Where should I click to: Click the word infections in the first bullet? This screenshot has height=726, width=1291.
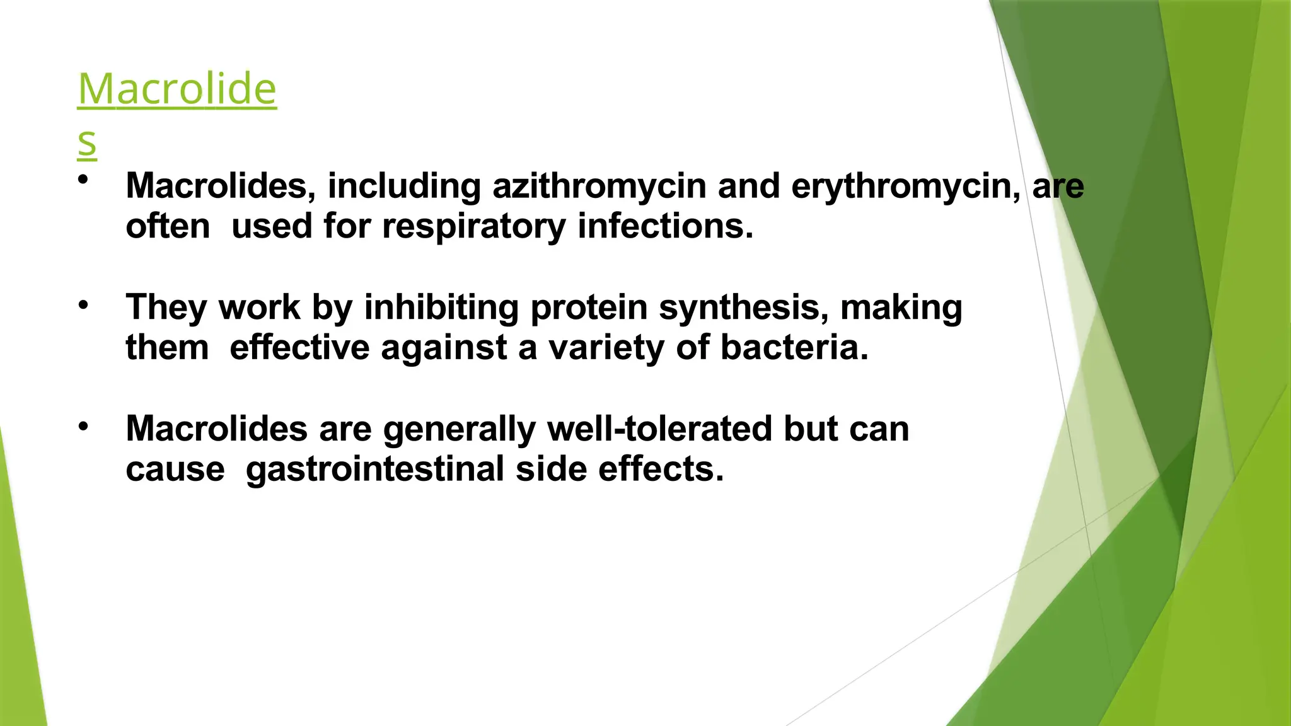coord(665,226)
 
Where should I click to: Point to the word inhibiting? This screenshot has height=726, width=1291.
coord(441,308)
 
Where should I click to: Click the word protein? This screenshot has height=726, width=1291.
coord(589,308)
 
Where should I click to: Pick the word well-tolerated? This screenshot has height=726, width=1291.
coord(659,429)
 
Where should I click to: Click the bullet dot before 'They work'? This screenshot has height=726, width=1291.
coord(83,306)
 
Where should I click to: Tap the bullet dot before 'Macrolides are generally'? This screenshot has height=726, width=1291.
coord(83,427)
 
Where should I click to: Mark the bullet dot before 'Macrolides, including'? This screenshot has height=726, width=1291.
coord(83,180)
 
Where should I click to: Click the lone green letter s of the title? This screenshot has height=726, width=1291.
coord(87,142)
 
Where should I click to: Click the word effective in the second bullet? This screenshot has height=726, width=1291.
coord(299,348)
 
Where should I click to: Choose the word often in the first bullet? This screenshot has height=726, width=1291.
coord(168,226)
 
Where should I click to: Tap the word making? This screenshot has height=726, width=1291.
coord(901,308)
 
